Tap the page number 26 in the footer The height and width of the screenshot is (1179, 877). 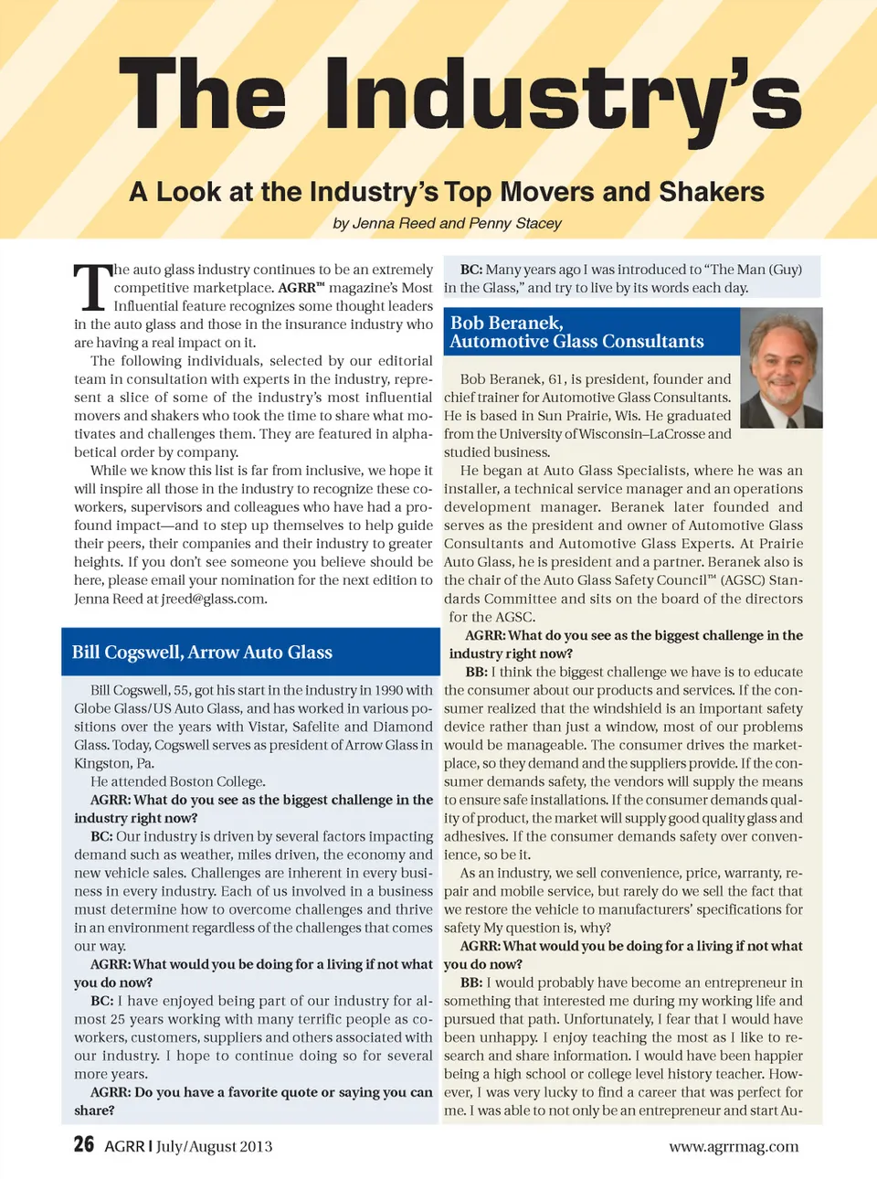click(84, 1144)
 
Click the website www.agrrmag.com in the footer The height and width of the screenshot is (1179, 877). click(734, 1146)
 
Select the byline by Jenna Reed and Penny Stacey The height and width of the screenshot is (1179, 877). click(447, 223)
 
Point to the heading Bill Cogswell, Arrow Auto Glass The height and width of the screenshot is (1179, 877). click(202, 652)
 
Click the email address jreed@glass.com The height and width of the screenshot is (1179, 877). click(214, 599)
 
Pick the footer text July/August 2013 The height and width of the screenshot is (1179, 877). click(214, 1146)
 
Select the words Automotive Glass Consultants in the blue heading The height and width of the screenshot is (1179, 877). click(576, 342)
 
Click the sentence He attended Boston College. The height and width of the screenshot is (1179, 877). click(178, 781)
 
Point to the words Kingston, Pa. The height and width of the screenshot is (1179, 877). click(114, 763)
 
